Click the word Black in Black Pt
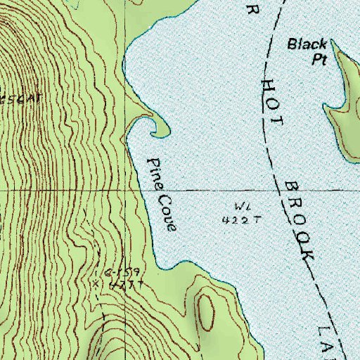pyautogui.click(x=307, y=45)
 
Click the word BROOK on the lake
pyautogui.click(x=298, y=221)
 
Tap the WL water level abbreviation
pyautogui.click(x=237, y=206)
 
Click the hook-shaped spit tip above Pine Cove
pyautogui.click(x=153, y=131)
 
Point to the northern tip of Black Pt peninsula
pyautogui.click(x=335, y=44)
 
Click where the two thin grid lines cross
pyautogui.click(x=126, y=190)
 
